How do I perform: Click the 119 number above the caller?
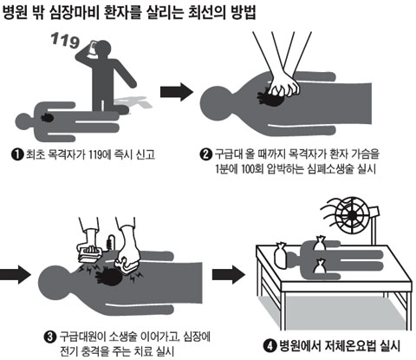point(65,41)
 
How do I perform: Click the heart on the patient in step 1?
point(47,117)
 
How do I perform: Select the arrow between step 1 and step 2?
point(177,92)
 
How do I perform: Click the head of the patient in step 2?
point(215,101)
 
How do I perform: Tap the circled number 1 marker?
point(17,154)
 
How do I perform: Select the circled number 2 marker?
point(205,154)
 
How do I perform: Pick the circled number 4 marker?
point(270,346)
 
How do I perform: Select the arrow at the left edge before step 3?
point(15,273)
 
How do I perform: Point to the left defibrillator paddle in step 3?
point(90,253)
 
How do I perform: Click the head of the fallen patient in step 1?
point(23,122)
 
